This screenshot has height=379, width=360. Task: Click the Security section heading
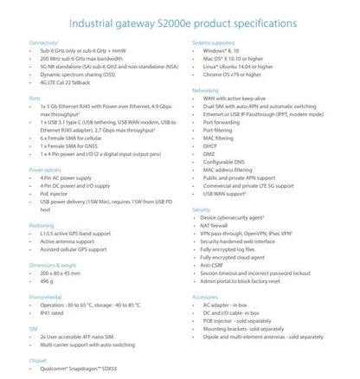pyautogui.click(x=203, y=209)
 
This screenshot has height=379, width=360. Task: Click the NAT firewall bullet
pyautogui.click(x=219, y=226)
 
